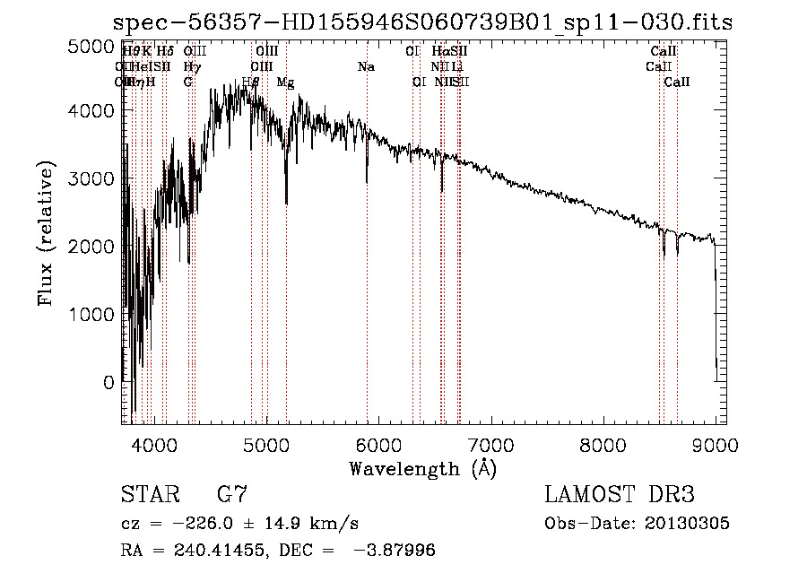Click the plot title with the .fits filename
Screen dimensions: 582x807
point(424,22)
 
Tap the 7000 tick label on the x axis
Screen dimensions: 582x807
point(490,444)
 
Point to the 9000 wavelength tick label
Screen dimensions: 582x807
point(715,444)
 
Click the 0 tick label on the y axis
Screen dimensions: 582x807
point(108,382)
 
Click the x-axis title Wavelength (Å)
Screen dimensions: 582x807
point(422,468)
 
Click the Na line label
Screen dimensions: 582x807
point(366,67)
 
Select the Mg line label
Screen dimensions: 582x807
point(285,83)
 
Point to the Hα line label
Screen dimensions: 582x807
point(439,52)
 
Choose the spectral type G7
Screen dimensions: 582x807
point(231,495)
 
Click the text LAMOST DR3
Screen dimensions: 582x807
point(619,495)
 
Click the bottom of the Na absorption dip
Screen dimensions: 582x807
point(367,181)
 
